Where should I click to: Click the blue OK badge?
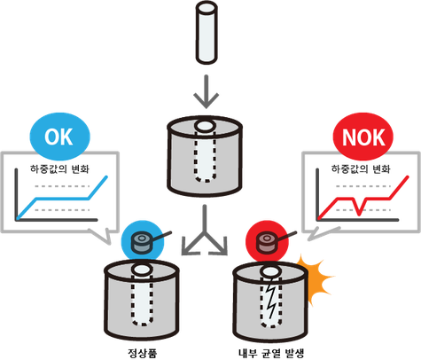click(60, 137)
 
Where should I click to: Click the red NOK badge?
click(363, 137)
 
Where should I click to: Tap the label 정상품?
click(142, 353)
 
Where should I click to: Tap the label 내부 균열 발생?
click(271, 353)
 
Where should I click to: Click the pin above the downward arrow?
click(207, 33)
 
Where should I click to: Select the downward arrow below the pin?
click(207, 91)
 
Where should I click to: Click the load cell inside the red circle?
click(267, 242)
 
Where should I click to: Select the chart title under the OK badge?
click(59, 169)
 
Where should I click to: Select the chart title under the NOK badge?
click(361, 169)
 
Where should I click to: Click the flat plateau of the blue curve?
click(62, 199)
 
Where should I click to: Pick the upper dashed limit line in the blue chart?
click(62, 186)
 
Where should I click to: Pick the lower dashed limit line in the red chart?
click(363, 210)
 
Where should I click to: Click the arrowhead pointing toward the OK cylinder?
click(189, 247)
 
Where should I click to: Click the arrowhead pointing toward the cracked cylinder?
click(220, 247)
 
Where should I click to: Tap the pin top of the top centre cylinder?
click(205, 126)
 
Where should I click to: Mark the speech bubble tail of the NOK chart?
click(321, 233)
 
